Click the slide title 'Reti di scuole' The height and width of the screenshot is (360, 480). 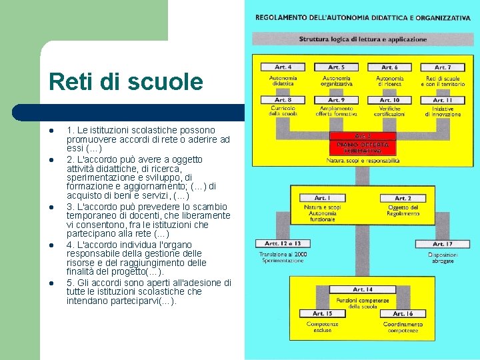click(125, 82)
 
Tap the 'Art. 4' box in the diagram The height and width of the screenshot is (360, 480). click(283, 67)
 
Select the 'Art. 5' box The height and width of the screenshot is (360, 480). click(336, 67)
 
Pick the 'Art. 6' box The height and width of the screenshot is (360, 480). click(389, 67)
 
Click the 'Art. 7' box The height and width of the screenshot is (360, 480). click(442, 67)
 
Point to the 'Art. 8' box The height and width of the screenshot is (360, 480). click(283, 100)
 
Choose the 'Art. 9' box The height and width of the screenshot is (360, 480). click(336, 100)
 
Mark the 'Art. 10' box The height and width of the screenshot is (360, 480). click(389, 100)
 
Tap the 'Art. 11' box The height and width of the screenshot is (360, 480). click(442, 100)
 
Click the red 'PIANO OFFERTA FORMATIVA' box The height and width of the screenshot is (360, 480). click(363, 144)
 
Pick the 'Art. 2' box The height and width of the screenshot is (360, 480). click(403, 198)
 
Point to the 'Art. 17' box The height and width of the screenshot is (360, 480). click(442, 244)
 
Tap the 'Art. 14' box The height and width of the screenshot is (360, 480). click(363, 289)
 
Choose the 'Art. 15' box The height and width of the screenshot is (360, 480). click(322, 313)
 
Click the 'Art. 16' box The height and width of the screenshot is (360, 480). click(403, 313)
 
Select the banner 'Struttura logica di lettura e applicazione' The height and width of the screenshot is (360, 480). click(363, 39)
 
